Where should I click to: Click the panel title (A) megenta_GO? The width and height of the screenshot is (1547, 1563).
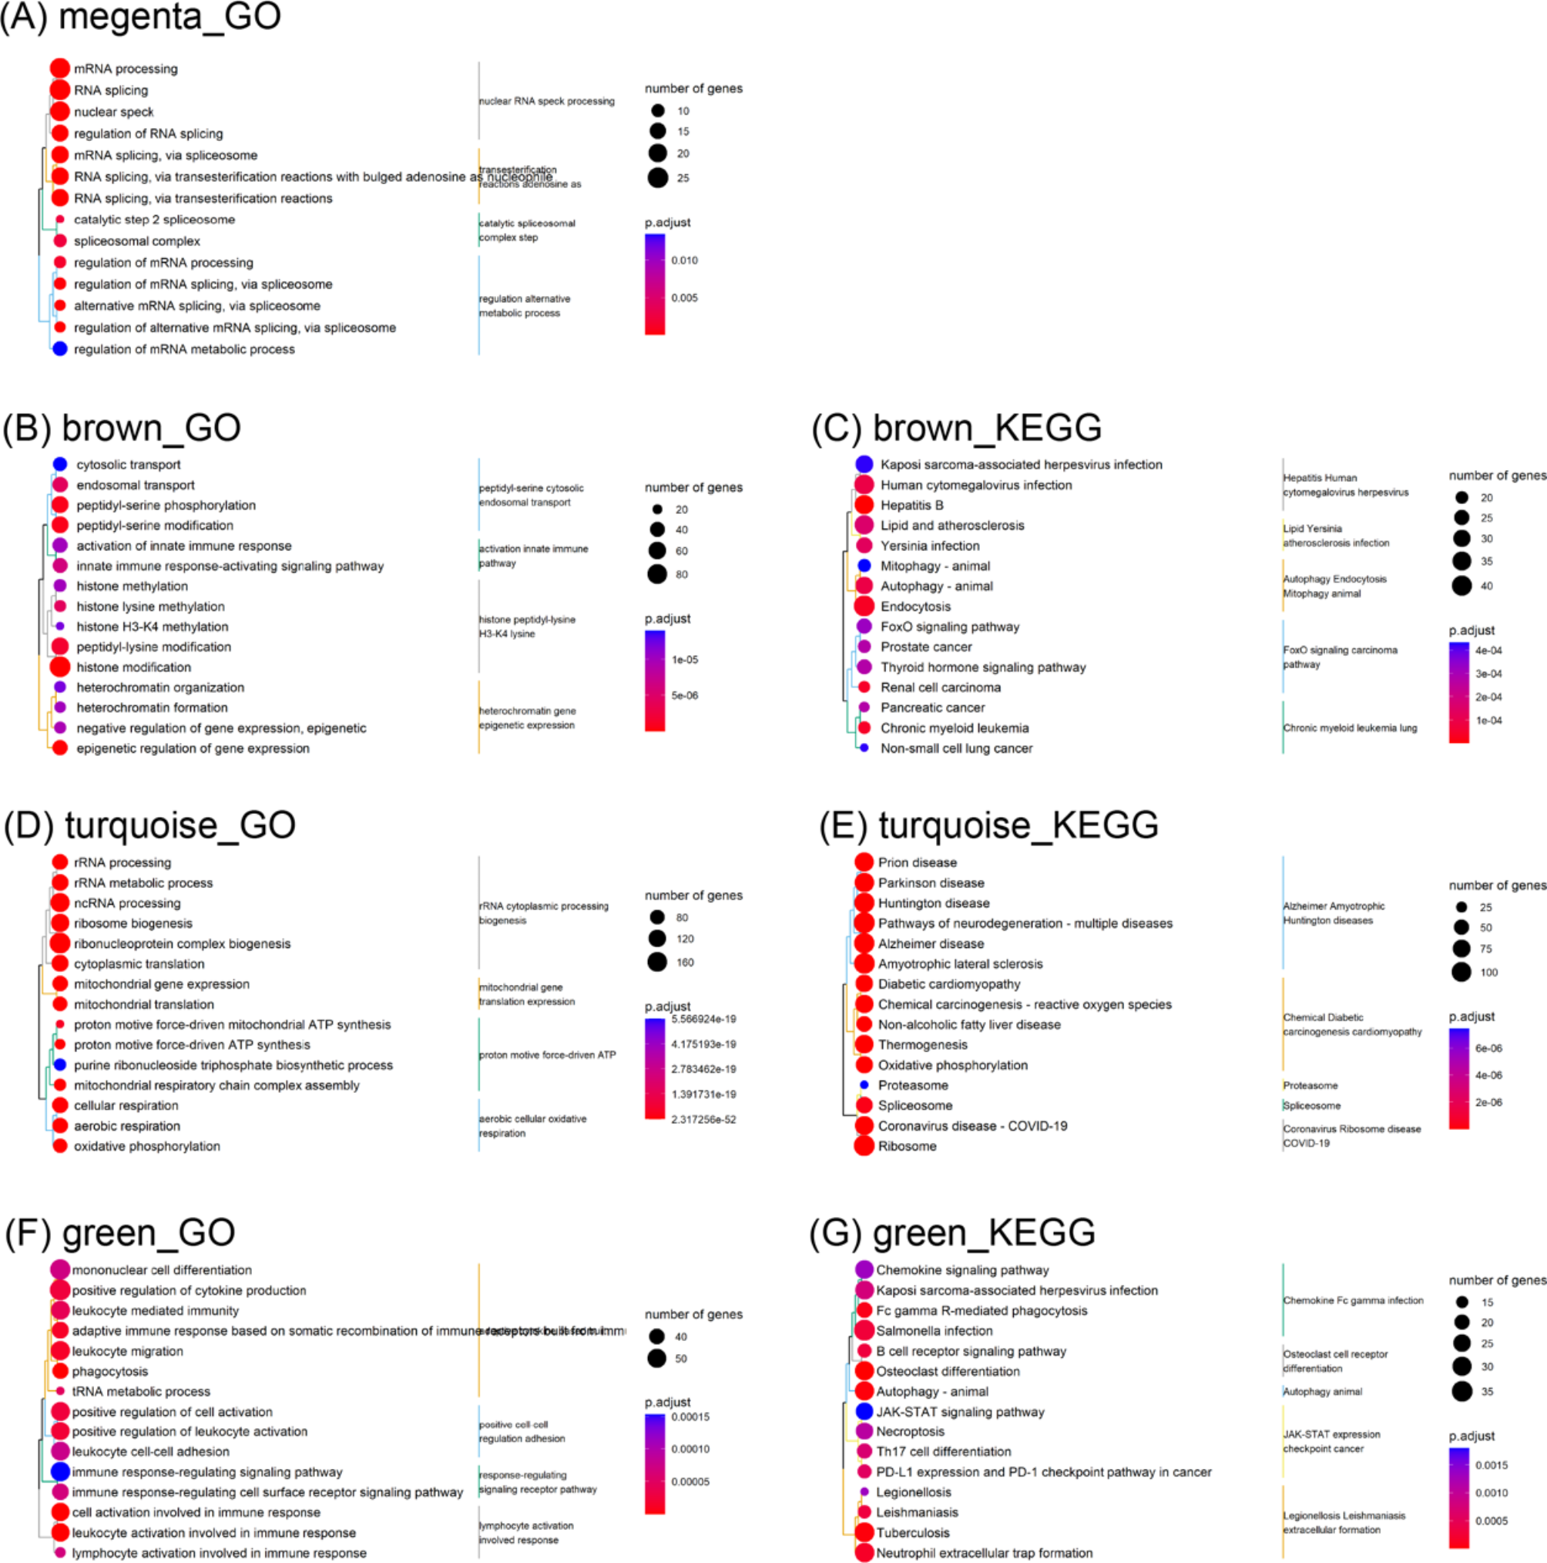tap(141, 17)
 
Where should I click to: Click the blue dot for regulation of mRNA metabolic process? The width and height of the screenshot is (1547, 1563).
tap(60, 348)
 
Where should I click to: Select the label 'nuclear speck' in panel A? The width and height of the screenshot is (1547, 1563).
tap(113, 112)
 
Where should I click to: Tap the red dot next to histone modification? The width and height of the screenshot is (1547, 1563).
tap(60, 667)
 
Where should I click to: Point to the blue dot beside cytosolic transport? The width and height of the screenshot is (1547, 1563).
tap(60, 463)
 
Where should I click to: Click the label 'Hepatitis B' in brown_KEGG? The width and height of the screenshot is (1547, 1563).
tap(911, 505)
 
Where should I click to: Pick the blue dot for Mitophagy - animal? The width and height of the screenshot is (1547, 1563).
tap(864, 566)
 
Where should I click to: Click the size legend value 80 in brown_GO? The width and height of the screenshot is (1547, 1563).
tap(681, 574)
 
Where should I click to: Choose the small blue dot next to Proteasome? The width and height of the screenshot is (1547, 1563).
tap(864, 1085)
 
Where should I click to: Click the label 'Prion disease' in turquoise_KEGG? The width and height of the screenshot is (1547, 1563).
tap(917, 862)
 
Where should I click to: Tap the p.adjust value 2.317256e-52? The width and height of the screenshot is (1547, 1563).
tap(703, 1120)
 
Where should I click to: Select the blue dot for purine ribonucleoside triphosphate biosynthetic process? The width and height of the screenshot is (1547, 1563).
tap(60, 1064)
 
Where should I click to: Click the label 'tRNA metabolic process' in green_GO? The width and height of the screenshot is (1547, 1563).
tap(141, 1391)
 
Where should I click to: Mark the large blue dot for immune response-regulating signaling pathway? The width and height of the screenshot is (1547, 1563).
tap(60, 1471)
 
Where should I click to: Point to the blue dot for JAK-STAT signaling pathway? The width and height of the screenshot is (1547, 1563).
tap(864, 1411)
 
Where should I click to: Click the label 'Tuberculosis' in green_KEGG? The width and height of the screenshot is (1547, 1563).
tap(912, 1532)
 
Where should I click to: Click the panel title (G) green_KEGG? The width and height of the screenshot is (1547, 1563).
tap(952, 1233)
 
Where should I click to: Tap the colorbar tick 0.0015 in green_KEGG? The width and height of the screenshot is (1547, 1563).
tap(1491, 1465)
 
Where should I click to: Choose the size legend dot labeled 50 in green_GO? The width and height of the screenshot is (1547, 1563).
tap(656, 1358)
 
